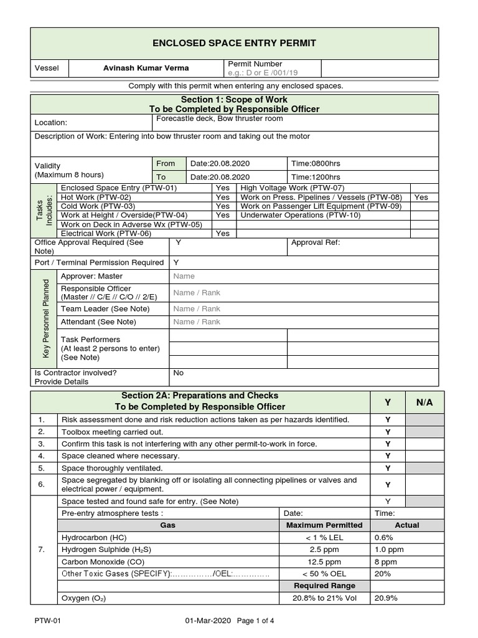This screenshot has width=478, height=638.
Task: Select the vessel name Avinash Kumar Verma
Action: coord(145,68)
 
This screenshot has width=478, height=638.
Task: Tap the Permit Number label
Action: coord(255,64)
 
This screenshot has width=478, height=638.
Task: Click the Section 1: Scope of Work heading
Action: coord(234,100)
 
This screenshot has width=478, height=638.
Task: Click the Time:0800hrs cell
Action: coord(316,163)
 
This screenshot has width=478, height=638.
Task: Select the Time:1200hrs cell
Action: coord(316,176)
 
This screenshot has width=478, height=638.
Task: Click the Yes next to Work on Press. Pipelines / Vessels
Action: coord(421,197)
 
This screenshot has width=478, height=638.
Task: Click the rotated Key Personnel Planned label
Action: coord(45,318)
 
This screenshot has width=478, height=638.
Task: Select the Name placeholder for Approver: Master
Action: coord(184,276)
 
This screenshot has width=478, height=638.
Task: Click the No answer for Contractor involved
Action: coord(179,373)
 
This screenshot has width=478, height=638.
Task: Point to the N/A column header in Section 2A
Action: coord(424,402)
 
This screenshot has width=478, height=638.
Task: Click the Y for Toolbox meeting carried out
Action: coord(388,432)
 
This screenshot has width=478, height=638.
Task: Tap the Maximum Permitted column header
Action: coord(324,525)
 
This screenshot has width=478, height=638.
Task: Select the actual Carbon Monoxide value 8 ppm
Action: coord(385,561)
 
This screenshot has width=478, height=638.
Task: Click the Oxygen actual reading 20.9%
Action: coord(385,598)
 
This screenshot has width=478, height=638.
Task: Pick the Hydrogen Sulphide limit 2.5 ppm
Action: coord(324,550)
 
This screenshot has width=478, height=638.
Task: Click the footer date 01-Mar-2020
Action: coord(209,621)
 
